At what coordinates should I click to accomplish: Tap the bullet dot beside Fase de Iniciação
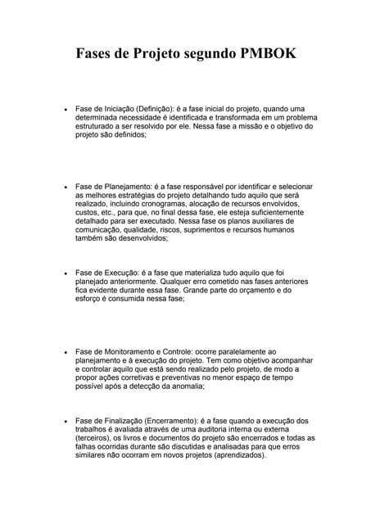[x=65, y=109]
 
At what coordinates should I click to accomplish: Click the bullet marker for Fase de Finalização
[x=65, y=421]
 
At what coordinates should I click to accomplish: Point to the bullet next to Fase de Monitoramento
[x=65, y=351]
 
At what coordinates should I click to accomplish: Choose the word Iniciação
[x=120, y=109]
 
